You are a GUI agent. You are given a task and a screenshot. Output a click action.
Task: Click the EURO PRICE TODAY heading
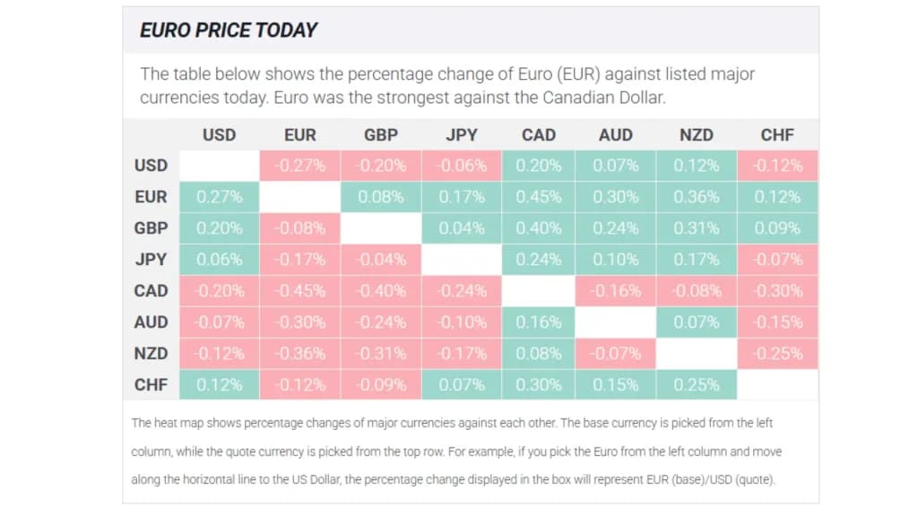pyautogui.click(x=229, y=30)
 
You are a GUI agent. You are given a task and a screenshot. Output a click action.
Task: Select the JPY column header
pyautogui.click(x=462, y=135)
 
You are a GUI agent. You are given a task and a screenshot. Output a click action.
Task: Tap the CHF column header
pyautogui.click(x=777, y=135)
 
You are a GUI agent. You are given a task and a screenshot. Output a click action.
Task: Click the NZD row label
pyautogui.click(x=151, y=353)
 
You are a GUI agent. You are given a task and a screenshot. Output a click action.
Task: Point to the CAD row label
pyautogui.click(x=151, y=290)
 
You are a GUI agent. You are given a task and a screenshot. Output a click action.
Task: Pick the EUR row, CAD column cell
pyautogui.click(x=539, y=196)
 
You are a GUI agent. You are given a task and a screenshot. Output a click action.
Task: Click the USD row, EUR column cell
pyautogui.click(x=300, y=165)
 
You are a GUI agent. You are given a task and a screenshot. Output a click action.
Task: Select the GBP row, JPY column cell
pyautogui.click(x=462, y=228)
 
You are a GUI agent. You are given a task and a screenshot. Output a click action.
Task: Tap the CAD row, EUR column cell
pyautogui.click(x=300, y=290)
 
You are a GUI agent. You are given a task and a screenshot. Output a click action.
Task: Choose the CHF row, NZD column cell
pyautogui.click(x=697, y=384)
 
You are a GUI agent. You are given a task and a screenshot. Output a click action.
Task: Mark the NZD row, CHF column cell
pyautogui.click(x=777, y=353)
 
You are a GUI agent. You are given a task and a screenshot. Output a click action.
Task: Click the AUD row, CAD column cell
pyautogui.click(x=539, y=322)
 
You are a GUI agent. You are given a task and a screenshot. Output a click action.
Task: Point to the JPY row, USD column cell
pyautogui.click(x=219, y=259)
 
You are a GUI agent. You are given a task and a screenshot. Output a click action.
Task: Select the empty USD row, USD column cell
pyautogui.click(x=219, y=165)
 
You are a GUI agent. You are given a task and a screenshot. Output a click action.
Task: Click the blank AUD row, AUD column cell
pyautogui.click(x=616, y=322)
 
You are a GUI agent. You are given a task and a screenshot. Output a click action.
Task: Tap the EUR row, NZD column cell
pyautogui.click(x=697, y=196)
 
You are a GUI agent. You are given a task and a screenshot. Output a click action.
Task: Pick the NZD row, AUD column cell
pyautogui.click(x=616, y=353)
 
